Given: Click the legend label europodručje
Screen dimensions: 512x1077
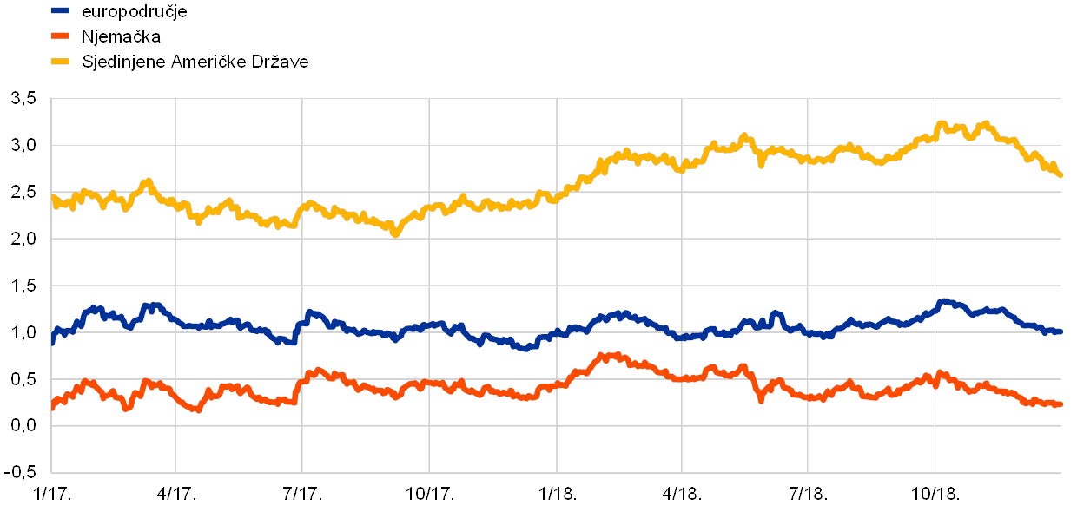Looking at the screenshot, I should [x=134, y=11].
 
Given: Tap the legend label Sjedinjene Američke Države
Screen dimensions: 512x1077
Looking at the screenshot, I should [x=195, y=62].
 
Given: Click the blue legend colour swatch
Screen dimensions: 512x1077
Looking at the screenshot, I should [x=61, y=11].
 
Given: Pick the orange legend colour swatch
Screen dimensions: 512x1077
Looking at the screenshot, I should [x=61, y=36].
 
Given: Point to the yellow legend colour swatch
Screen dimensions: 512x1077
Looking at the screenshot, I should [x=61, y=62].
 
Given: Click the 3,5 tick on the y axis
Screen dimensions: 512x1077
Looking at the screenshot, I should [x=23, y=98].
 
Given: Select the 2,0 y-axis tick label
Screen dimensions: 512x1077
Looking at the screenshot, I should [x=23, y=239].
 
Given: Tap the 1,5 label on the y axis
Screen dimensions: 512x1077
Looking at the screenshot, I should [x=23, y=286].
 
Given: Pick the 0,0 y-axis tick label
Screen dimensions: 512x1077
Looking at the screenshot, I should [x=23, y=426].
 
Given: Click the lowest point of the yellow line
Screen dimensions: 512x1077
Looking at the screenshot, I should [x=395, y=233].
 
